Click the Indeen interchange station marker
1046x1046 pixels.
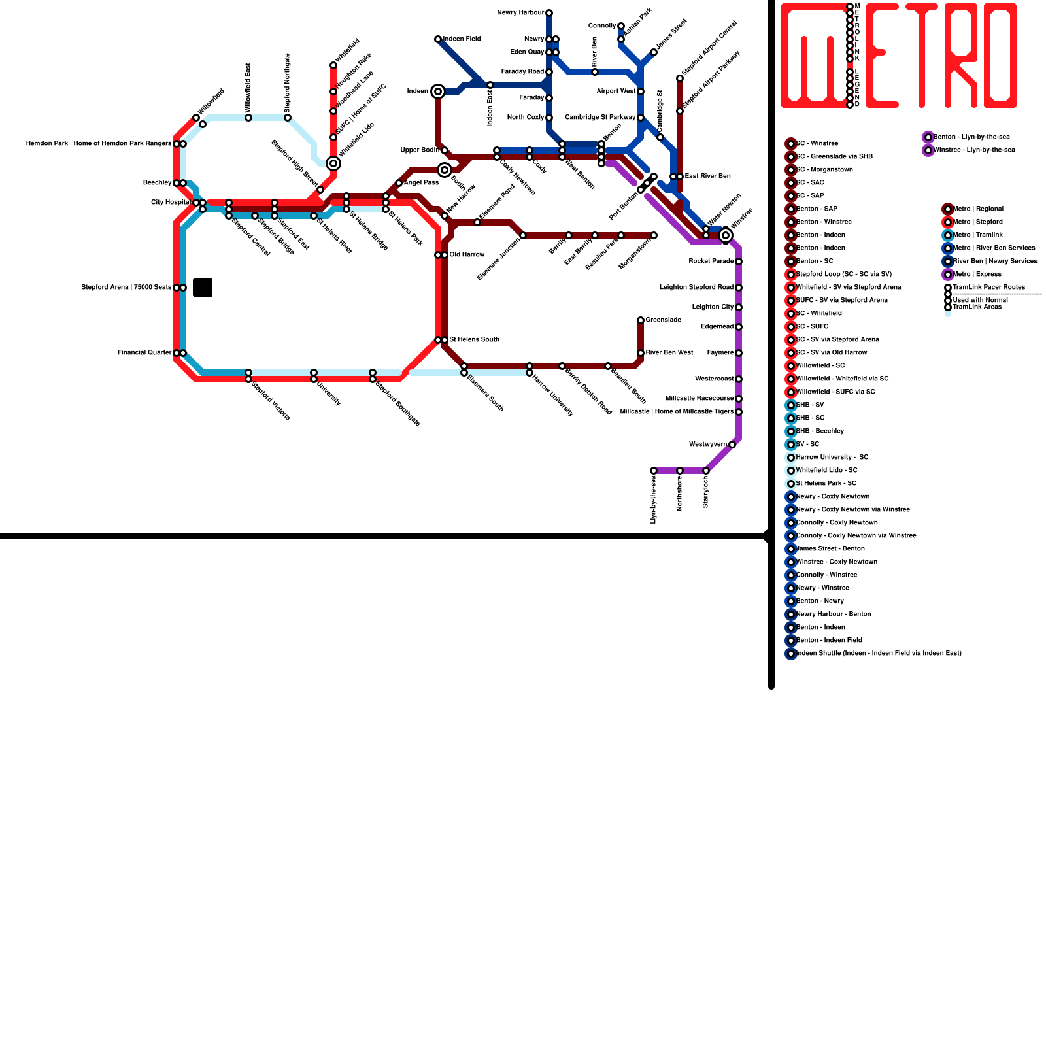[438, 92]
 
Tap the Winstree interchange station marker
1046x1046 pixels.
[726, 235]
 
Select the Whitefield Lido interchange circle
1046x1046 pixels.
[333, 163]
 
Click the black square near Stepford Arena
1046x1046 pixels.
[203, 288]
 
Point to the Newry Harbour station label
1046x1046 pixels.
[520, 13]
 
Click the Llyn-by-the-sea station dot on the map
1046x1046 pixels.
[654, 471]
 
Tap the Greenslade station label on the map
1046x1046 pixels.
[664, 320]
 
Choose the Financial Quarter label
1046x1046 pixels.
[144, 353]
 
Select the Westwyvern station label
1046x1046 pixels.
[708, 445]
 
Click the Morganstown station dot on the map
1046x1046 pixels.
[654, 235]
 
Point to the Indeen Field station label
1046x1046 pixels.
[462, 39]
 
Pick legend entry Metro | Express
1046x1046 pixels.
[977, 275]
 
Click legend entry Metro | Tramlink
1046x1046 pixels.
[978, 235]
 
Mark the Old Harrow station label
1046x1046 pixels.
[467, 255]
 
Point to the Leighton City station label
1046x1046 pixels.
[713, 307]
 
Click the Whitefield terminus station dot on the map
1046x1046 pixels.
[333, 65]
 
